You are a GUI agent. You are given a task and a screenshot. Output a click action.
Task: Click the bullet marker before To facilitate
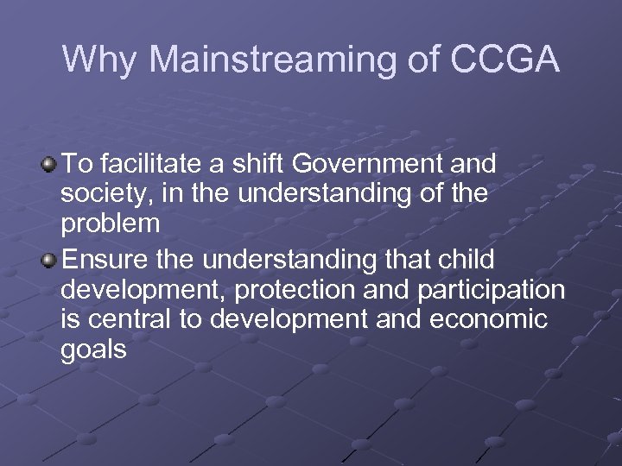(52, 163)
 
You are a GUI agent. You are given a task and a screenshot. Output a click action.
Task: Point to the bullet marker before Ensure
(52, 259)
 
